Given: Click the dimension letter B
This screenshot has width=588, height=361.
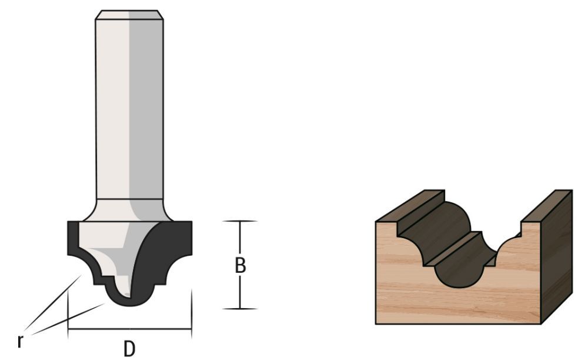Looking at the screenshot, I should point(240,266).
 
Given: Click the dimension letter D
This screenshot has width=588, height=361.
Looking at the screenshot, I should point(129,348).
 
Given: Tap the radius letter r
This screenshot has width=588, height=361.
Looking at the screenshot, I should point(21,340).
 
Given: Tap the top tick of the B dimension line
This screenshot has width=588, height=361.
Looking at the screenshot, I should point(240,221).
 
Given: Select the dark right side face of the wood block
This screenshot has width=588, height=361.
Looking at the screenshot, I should point(556,259).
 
